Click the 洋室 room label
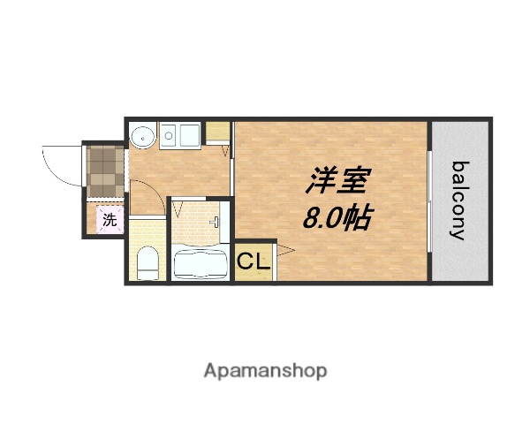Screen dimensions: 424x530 [x=337, y=182]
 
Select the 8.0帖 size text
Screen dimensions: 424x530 [x=336, y=216]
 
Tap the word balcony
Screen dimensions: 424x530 [x=459, y=200]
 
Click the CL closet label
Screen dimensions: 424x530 [x=253, y=262]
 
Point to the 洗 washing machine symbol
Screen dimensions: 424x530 [x=109, y=220]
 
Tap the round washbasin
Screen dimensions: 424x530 [x=143, y=136]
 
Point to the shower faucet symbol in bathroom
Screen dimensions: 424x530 [x=216, y=222]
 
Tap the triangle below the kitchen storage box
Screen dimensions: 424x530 [x=225, y=151]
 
